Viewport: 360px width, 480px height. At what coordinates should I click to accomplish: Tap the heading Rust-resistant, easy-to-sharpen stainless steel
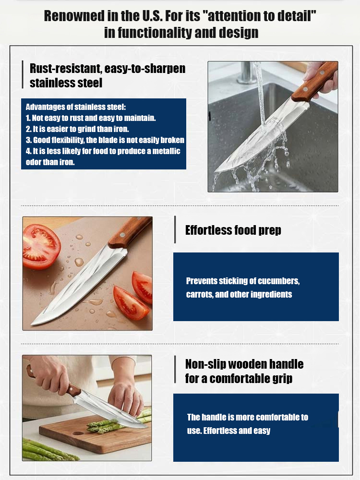[x=107, y=75]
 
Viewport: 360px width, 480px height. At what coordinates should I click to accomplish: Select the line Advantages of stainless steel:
[x=75, y=107]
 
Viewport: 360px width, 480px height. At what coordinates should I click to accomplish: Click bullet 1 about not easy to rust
[x=90, y=118]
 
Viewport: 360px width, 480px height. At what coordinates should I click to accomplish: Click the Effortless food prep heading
[x=233, y=230]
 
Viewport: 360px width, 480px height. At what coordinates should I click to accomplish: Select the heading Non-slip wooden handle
[x=244, y=364]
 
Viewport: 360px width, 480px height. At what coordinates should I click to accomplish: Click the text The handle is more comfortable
[x=247, y=417]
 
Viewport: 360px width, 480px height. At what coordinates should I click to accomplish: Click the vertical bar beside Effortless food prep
[x=175, y=230]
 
